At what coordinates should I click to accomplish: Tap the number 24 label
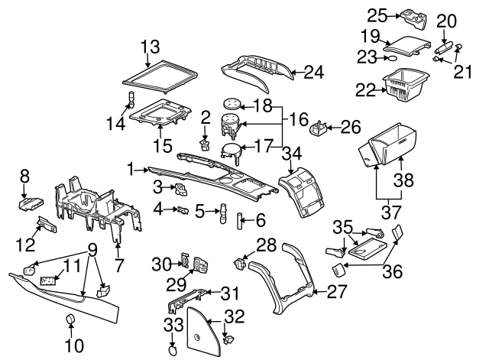(x=315, y=73)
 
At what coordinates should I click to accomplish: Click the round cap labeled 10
(x=70, y=319)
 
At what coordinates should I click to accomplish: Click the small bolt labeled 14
(x=130, y=99)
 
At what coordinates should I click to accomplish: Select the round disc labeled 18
(x=232, y=102)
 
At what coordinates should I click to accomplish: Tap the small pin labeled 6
(x=238, y=222)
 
